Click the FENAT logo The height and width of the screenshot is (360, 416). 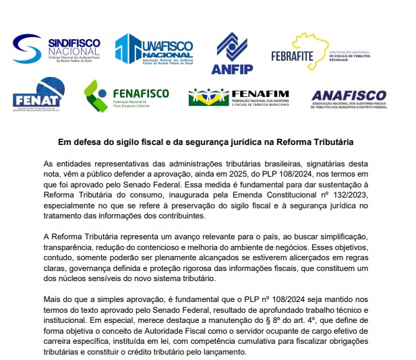pos(38,96)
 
